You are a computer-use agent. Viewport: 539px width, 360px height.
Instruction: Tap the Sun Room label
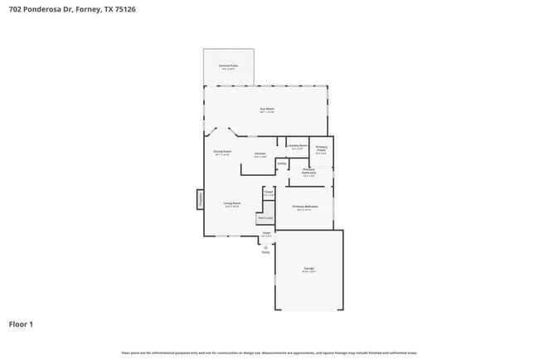(x=267, y=109)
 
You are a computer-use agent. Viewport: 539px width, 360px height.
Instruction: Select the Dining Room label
(x=222, y=153)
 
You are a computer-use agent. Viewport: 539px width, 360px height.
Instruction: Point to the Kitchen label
(x=260, y=154)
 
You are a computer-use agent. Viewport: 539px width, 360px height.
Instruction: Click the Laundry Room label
(x=298, y=147)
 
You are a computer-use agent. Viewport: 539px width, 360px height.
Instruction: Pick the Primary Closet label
(x=321, y=150)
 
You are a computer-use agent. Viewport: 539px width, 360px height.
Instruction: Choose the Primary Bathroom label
(x=308, y=173)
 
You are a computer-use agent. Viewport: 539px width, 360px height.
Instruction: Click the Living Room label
(x=231, y=204)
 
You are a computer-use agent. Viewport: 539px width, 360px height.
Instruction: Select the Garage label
(x=308, y=270)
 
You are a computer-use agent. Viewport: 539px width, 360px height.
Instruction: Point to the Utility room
(x=282, y=164)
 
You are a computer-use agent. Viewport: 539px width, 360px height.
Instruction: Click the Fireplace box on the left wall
(x=200, y=199)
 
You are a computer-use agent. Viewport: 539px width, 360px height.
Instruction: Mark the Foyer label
(x=266, y=235)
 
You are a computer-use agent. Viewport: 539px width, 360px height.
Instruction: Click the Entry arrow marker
(x=265, y=246)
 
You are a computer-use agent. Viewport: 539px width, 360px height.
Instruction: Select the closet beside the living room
(x=269, y=192)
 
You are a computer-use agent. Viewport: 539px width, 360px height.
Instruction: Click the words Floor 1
(x=21, y=324)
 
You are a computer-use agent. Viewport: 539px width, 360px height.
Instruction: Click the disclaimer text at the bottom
(x=269, y=353)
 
